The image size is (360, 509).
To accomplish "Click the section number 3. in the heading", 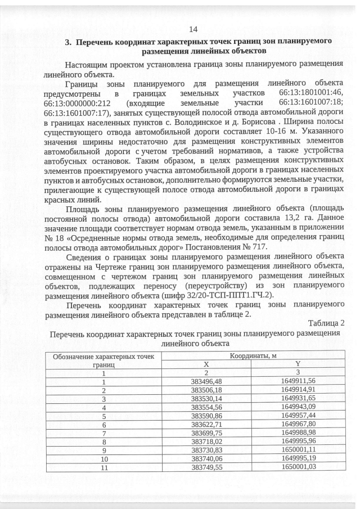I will click(69, 42).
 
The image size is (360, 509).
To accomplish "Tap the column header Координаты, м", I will click(253, 355).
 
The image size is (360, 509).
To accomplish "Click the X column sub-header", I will click(206, 364).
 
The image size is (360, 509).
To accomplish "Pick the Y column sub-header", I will click(299, 364).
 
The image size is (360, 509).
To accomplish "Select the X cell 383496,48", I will click(206, 381).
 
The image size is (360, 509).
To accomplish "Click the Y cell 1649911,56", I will click(299, 381).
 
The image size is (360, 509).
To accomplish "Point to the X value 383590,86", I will click(206, 416).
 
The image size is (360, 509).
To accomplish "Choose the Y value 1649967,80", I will click(299, 424).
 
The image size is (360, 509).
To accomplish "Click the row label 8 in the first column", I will click(103, 442).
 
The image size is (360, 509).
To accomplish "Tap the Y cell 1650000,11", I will click(299, 450).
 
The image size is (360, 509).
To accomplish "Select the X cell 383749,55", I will click(206, 467).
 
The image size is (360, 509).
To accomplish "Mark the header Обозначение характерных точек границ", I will click(103, 360).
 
